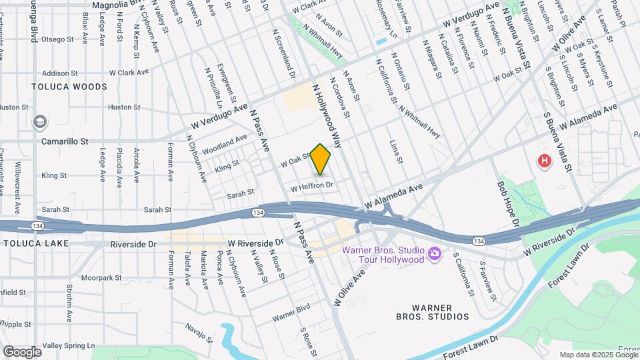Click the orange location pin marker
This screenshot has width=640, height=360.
(321, 159)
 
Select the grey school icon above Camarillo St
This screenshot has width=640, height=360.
(40, 122)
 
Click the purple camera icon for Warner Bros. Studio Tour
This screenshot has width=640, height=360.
(435, 253)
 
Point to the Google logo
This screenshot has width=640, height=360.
(22, 351)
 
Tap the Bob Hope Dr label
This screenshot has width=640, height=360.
(509, 202)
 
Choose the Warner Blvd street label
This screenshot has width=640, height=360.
(291, 310)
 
